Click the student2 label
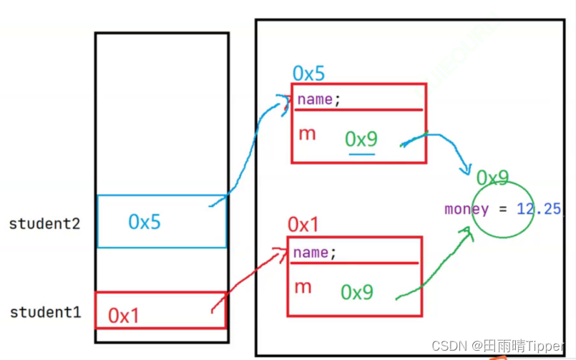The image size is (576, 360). click(x=44, y=223)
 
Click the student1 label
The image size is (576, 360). click(x=44, y=313)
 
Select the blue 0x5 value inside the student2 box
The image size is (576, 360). click(x=145, y=222)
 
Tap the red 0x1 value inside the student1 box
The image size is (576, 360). click(x=124, y=316)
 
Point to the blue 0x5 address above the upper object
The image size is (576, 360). click(x=309, y=73)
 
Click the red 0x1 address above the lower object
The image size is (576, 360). click(x=303, y=225)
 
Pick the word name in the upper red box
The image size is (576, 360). click(x=315, y=99)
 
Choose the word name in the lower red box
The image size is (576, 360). click(x=311, y=253)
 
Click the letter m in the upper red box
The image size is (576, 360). click(x=306, y=134)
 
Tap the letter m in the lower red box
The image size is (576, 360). click(x=303, y=287)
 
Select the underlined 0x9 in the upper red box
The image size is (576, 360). click(x=361, y=139)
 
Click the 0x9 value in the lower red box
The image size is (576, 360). click(x=357, y=292)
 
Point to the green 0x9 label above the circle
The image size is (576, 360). click(x=492, y=177)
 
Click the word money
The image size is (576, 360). click(x=467, y=210)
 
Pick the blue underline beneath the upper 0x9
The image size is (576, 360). click(x=362, y=152)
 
